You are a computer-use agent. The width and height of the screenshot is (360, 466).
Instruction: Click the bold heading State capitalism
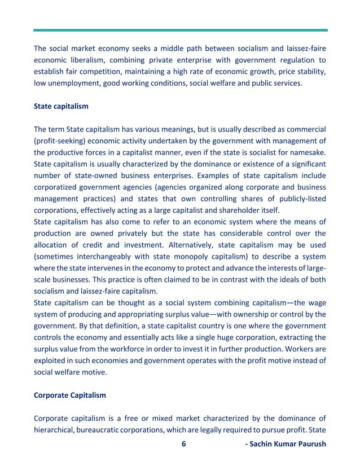pyautogui.click(x=61, y=105)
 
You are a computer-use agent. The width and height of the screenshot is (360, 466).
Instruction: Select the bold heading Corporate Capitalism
pyautogui.click(x=70, y=395)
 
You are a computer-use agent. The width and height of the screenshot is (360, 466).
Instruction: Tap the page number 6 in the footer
pyautogui.click(x=183, y=444)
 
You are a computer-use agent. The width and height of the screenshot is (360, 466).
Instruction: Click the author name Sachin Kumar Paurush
pyautogui.click(x=286, y=444)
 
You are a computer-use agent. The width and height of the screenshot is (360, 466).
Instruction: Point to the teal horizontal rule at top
pyautogui.click(x=180, y=30)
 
